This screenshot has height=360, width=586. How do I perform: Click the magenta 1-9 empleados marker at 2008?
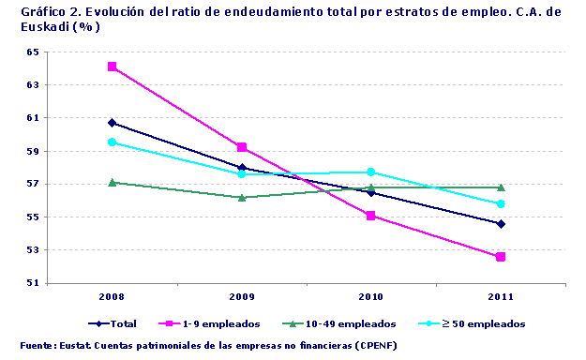point(113,67)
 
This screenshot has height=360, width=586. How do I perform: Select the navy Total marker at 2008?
point(113,123)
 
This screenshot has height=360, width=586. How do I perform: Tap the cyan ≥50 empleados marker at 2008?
point(113,142)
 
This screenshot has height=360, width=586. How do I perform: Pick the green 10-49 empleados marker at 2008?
point(113,182)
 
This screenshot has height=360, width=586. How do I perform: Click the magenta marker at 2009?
point(242,147)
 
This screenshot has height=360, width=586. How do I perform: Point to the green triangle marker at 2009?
point(242,197)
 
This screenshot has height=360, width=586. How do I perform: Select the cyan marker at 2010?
point(371,172)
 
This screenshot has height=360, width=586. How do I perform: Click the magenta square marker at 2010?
point(371,216)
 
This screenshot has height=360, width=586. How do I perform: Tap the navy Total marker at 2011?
point(501,224)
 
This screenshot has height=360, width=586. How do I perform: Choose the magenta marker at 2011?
point(501,257)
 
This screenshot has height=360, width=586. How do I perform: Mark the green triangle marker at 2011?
point(501,187)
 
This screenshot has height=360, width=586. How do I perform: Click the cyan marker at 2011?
point(501,203)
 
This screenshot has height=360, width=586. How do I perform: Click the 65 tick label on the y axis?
point(33,52)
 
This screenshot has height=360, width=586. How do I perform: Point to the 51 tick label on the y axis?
point(33,283)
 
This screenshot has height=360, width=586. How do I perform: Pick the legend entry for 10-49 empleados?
point(353,323)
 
